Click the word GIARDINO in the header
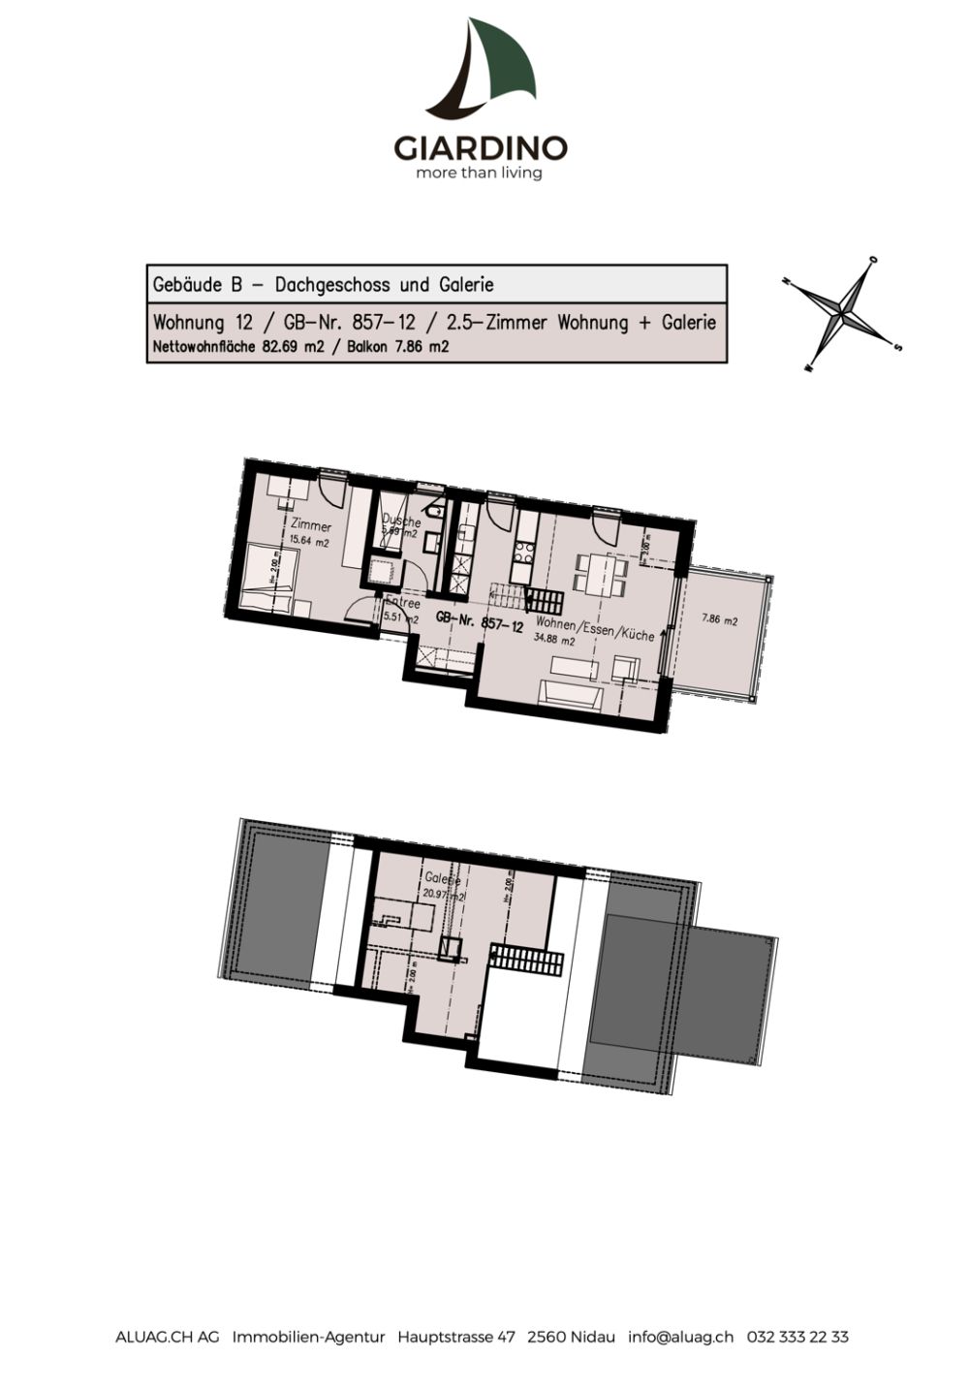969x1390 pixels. click(x=480, y=148)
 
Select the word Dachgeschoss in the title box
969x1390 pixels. click(x=332, y=285)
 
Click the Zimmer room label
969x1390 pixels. click(x=310, y=526)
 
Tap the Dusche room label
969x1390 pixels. click(x=401, y=521)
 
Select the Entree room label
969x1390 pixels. click(x=402, y=603)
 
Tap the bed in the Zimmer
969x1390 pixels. click(x=261, y=580)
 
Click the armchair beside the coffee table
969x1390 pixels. click(x=626, y=668)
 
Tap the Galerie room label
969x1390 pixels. click(x=442, y=879)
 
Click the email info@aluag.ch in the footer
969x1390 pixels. click(x=680, y=1337)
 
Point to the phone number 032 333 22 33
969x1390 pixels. click(x=797, y=1337)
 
